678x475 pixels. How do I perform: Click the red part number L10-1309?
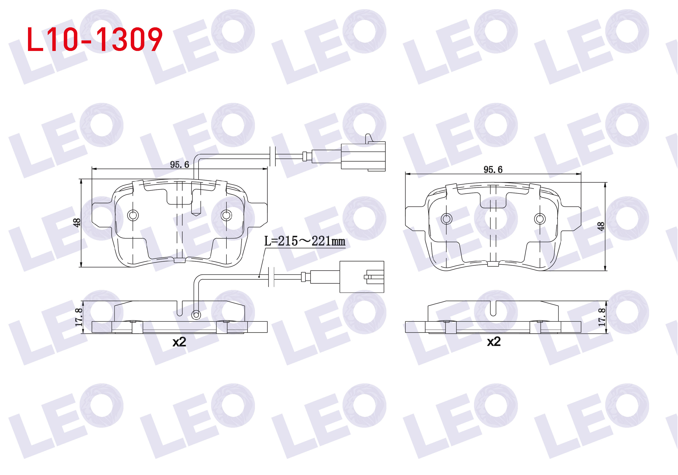95,39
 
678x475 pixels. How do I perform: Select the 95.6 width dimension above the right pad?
493,170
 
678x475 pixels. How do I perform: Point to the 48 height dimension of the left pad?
76,222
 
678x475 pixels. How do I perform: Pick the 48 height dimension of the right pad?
601,226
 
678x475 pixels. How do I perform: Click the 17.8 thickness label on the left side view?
78,317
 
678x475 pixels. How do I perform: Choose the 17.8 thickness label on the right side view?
602,317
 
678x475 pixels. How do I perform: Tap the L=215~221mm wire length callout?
304,241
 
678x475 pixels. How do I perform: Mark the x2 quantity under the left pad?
179,342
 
